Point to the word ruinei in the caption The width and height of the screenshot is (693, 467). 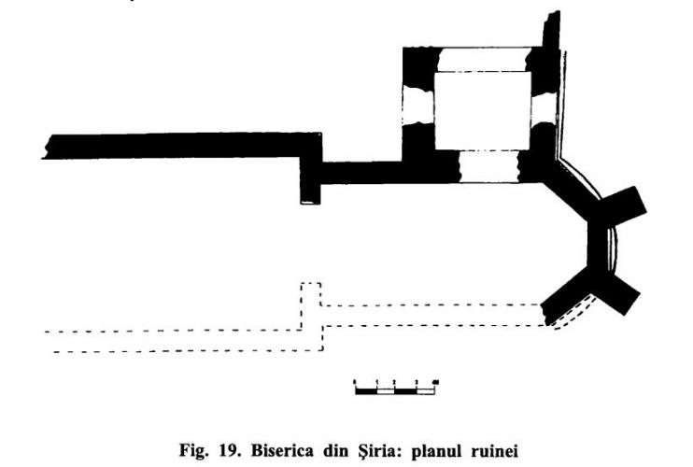pyautogui.click(x=495, y=451)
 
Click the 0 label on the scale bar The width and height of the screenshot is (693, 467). pyautogui.click(x=355, y=382)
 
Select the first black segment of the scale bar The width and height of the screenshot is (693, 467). pyautogui.click(x=366, y=391)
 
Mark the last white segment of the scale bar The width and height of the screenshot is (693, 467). pyautogui.click(x=425, y=391)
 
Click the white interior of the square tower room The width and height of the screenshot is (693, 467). pyautogui.click(x=483, y=111)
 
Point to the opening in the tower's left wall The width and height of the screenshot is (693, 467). pyautogui.click(x=418, y=106)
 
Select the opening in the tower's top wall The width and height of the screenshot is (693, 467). pyautogui.click(x=484, y=59)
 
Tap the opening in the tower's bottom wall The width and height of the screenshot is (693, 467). pyautogui.click(x=488, y=166)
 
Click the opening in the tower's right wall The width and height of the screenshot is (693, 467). pyautogui.click(x=544, y=108)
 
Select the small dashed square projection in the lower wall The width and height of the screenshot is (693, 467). pyautogui.click(x=311, y=294)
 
